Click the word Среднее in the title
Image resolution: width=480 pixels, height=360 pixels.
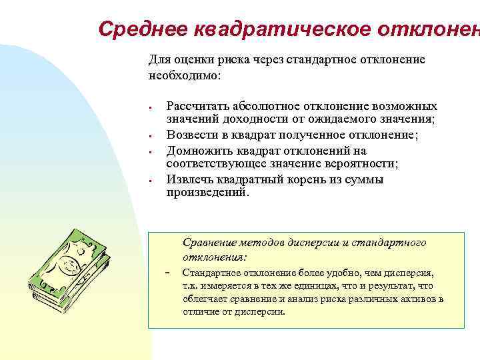141,29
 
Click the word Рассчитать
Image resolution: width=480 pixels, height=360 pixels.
197,107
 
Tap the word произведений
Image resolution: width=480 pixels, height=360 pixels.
207,192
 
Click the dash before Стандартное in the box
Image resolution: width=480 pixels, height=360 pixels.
167,273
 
